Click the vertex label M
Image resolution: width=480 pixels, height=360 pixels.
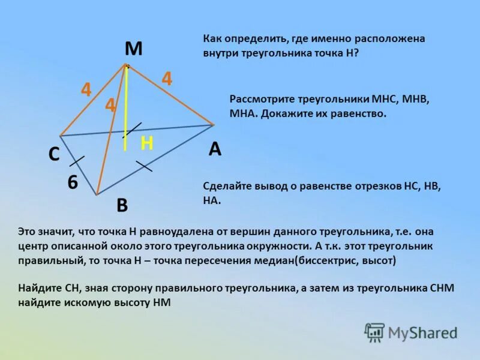pyautogui.click(x=133, y=49)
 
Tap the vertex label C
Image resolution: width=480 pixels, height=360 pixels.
pyautogui.click(x=53, y=155)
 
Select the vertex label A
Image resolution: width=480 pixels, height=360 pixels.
pyautogui.click(x=215, y=149)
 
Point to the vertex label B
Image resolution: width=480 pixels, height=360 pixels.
pyautogui.click(x=122, y=206)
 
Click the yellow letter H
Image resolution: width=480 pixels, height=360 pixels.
pyautogui.click(x=147, y=143)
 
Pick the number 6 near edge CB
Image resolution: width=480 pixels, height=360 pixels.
pyautogui.click(x=73, y=182)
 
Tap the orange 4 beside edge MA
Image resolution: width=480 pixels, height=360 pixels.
pyautogui.click(x=166, y=79)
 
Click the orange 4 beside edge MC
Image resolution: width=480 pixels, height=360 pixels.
pyautogui.click(x=86, y=91)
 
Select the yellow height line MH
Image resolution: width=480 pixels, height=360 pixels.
pyautogui.click(x=125, y=108)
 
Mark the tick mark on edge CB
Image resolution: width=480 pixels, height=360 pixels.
pyautogui.click(x=77, y=160)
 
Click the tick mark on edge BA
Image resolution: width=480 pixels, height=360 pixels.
pyautogui.click(x=143, y=166)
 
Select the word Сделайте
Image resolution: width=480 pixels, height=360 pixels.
pyautogui.click(x=226, y=187)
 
